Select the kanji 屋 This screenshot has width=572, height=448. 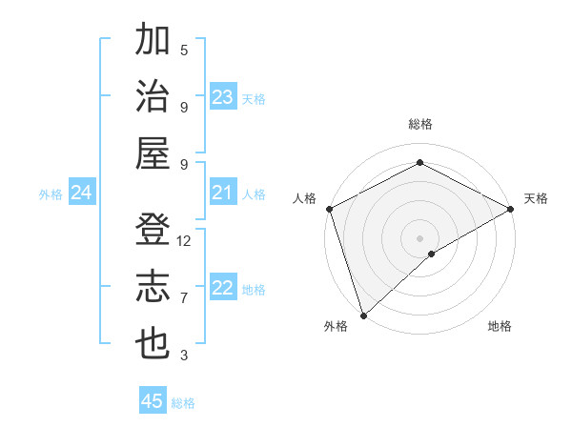(x=153, y=153)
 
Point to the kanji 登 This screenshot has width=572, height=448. (x=153, y=229)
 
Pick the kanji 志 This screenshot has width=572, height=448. (x=153, y=286)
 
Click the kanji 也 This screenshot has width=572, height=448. (x=153, y=343)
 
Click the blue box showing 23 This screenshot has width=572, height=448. (x=223, y=97)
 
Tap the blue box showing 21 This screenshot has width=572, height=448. (x=223, y=193)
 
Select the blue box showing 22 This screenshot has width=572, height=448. (x=223, y=289)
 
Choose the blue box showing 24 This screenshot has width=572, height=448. (x=82, y=193)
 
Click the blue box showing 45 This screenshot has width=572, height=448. (x=153, y=401)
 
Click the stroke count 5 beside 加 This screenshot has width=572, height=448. (x=184, y=50)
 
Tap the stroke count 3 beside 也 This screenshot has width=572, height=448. (x=184, y=356)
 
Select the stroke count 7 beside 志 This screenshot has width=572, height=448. (x=184, y=298)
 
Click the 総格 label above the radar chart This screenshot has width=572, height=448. (x=419, y=125)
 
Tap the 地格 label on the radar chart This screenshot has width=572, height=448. (x=500, y=327)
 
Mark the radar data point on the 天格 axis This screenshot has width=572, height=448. (x=511, y=209)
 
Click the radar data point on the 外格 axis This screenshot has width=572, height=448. (x=362, y=315)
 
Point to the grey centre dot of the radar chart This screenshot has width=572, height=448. (x=419, y=237)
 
